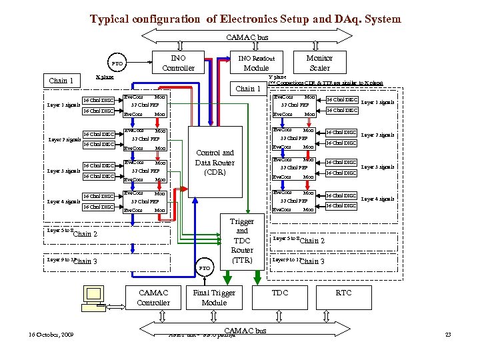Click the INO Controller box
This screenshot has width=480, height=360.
click(178, 63)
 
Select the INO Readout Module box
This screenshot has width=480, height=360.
click(256, 63)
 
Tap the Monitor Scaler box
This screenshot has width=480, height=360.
click(319, 63)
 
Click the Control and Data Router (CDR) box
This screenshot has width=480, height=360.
click(214, 162)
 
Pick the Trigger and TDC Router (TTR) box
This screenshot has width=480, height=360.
click(241, 240)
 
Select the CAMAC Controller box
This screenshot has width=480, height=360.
click(153, 297)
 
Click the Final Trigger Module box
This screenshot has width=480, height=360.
click(214, 297)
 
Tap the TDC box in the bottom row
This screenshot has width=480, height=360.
click(280, 293)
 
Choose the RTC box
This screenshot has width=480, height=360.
click(343, 293)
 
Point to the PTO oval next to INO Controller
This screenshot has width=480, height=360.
click(117, 64)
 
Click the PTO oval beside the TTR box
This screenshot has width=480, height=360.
click(205, 267)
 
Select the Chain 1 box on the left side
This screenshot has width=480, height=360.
click(61, 81)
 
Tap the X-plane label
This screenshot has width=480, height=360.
click(105, 77)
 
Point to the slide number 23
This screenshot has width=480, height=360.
click(447, 334)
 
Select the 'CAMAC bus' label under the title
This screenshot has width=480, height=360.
click(247, 37)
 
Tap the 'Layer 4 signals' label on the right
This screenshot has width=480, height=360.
click(377, 199)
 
